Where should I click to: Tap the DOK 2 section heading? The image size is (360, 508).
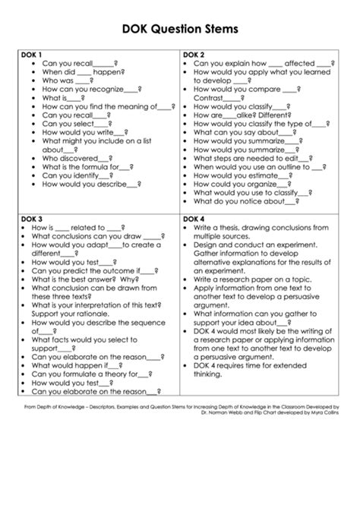pos(194,55)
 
